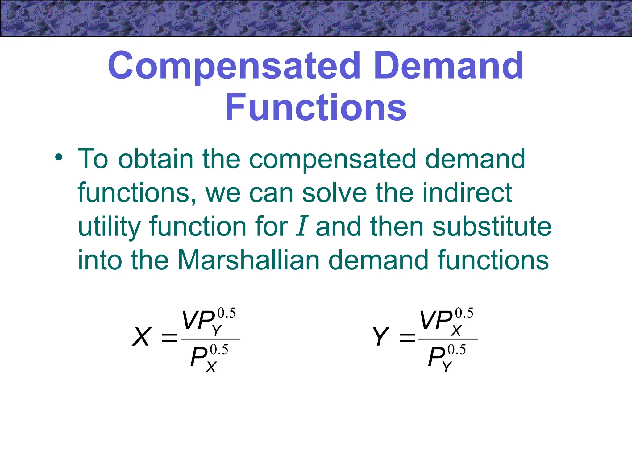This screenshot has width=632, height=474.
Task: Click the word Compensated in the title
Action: pyautogui.click(x=234, y=66)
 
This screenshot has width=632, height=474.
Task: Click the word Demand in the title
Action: pyautogui.click(x=450, y=66)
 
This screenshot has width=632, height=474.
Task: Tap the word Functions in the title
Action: pyautogui.click(x=316, y=107)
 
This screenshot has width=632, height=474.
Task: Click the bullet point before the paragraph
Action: pyautogui.click(x=58, y=158)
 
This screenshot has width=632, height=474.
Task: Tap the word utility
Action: pyautogui.click(x=109, y=227)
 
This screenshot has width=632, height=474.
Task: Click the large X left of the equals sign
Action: pyautogui.click(x=142, y=337)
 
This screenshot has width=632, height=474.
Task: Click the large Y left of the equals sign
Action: pyautogui.click(x=380, y=337)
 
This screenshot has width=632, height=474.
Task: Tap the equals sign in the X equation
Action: pyautogui.click(x=170, y=338)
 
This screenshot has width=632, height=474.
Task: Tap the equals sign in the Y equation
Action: pyautogui.click(x=407, y=338)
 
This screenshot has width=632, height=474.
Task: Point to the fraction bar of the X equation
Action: pyautogui.click(x=210, y=339)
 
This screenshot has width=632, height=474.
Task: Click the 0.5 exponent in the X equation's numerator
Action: pyautogui.click(x=227, y=313)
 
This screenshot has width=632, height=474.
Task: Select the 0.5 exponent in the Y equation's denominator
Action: pyautogui.click(x=457, y=350)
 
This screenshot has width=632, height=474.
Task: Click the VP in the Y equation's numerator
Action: pyautogui.click(x=436, y=321)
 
